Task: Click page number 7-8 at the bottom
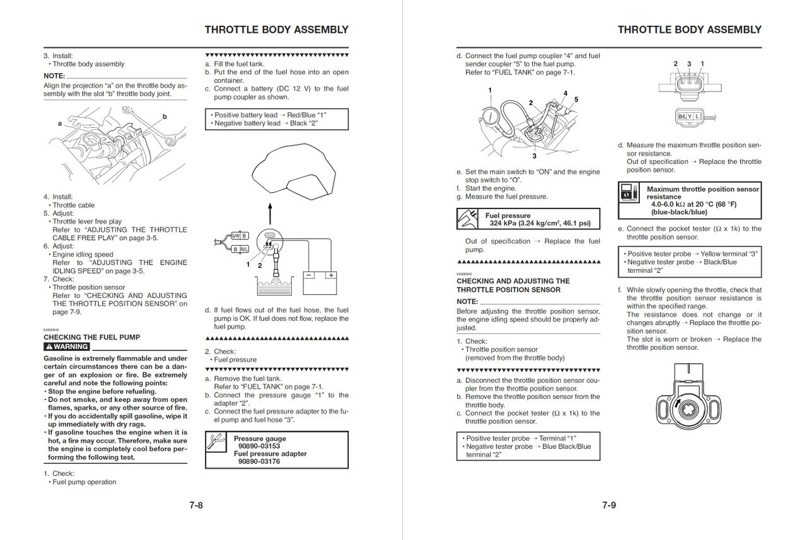point(196,505)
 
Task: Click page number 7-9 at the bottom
point(608,505)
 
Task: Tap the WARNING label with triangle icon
point(67,347)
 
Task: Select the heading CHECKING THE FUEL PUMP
point(92,337)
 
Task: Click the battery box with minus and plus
point(321,282)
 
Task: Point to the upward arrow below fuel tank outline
point(270,212)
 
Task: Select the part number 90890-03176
point(259,461)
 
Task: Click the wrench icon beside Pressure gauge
point(217,443)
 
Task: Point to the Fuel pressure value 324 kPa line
point(540,223)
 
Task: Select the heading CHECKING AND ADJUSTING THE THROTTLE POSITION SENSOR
point(513,285)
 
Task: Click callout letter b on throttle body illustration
point(165,117)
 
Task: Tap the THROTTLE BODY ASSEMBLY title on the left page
point(276,30)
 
